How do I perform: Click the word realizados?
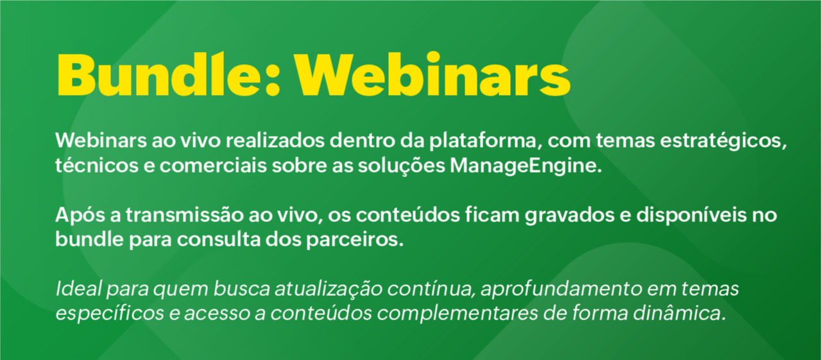[275, 140]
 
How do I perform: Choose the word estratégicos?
[723, 141]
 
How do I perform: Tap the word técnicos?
[97, 165]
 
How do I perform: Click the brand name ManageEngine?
[526, 166]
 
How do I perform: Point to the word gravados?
[570, 216]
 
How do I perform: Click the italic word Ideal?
[78, 288]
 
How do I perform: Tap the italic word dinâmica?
[680, 313]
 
